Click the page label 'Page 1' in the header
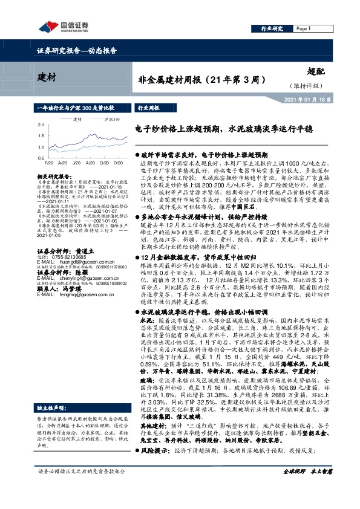[x=303, y=28]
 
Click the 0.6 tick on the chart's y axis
[x=40, y=157]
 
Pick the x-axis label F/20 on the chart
[x=48, y=163]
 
